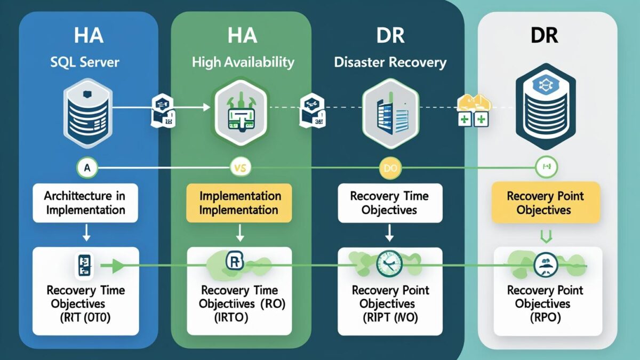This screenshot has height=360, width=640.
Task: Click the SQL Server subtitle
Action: point(85,62)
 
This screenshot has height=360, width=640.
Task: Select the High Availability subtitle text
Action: point(243,62)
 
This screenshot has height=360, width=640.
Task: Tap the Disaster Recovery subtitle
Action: point(390,62)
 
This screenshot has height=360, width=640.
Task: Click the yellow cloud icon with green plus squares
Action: point(471,110)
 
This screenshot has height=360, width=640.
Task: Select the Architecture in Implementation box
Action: point(85,203)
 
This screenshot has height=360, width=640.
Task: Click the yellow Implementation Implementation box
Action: point(239,203)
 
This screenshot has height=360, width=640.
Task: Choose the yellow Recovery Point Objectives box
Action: point(545,203)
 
